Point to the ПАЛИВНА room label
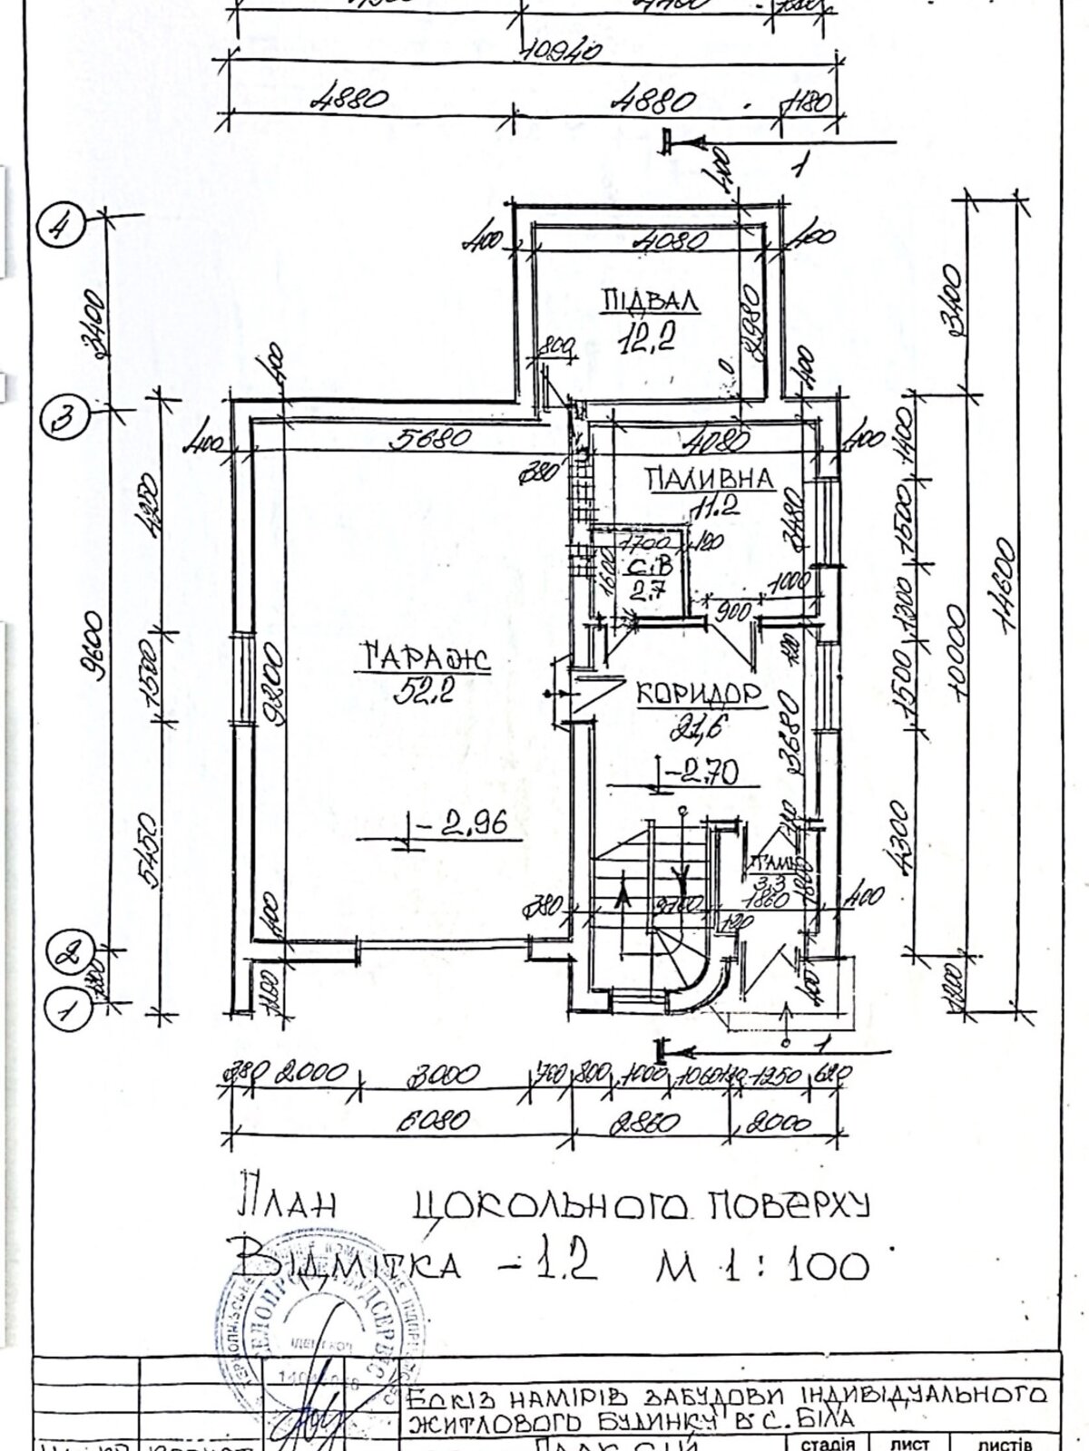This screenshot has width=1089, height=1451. [710, 478]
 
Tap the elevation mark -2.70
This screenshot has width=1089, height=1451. [701, 773]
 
